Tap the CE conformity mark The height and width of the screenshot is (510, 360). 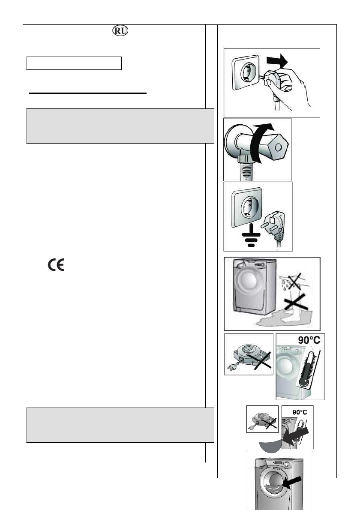(56, 266)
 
